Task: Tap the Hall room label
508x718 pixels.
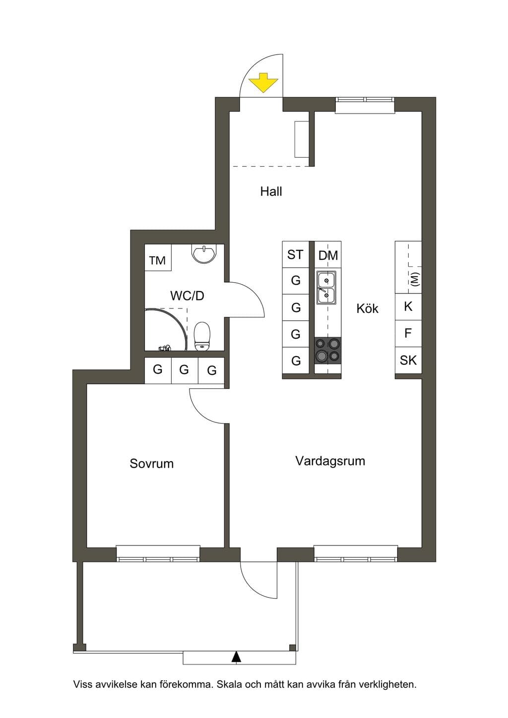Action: (271, 192)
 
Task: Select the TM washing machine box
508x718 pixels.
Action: (158, 257)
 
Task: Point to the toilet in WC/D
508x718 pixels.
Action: (202, 336)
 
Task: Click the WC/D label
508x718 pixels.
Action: (188, 296)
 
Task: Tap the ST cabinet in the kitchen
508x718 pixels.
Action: (295, 254)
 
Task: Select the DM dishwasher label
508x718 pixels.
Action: (328, 255)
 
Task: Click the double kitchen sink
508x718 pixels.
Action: (327, 288)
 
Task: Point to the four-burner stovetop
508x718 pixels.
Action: (327, 351)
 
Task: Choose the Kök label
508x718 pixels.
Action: (368, 309)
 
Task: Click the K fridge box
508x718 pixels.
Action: (408, 307)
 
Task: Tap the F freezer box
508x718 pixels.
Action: (408, 333)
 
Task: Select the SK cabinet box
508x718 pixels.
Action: (408, 360)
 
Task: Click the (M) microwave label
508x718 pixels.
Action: (415, 279)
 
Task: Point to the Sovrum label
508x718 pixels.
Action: (151, 464)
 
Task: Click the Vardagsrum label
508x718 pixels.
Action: (330, 461)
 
